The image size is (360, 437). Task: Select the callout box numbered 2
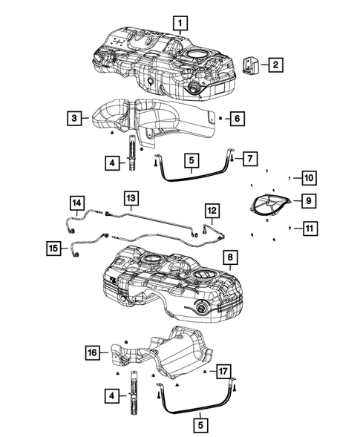[275, 65]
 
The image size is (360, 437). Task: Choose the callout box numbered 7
[250, 158]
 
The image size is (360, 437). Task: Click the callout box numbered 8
[229, 258]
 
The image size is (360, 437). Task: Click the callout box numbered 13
[131, 198]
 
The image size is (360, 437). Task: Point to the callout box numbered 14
[76, 202]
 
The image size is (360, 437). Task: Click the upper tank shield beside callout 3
[148, 119]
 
